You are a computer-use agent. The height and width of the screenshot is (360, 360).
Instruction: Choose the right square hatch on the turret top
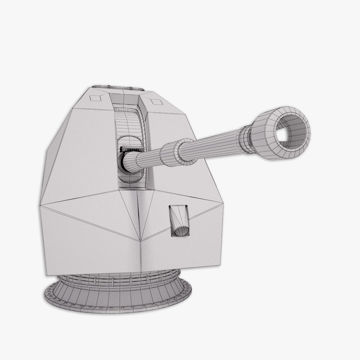pos(156,102)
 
